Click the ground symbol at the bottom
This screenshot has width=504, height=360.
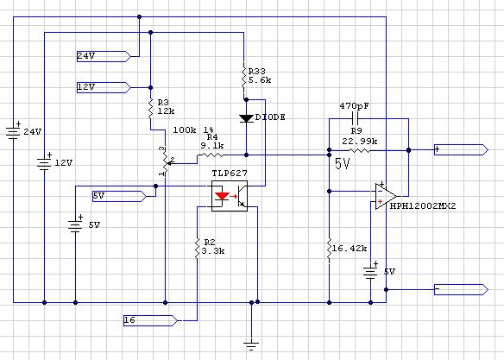251,346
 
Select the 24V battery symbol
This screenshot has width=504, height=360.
13,131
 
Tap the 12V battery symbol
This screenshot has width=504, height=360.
44,162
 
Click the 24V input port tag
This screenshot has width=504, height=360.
104,56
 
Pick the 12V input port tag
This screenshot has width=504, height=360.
104,87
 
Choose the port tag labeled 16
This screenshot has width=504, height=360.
150,320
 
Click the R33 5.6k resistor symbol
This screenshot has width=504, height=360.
243,79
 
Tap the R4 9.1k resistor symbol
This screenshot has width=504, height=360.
212,155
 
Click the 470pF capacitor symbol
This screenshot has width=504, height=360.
356,118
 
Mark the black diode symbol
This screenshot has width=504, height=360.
246,118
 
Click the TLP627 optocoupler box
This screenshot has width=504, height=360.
230,196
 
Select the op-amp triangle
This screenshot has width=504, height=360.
386,196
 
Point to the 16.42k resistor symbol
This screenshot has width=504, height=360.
329,249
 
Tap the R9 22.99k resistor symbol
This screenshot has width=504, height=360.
358,150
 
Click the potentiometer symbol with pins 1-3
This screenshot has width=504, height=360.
165,162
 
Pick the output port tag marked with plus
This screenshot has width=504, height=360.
461,150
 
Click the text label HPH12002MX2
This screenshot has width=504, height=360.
423,206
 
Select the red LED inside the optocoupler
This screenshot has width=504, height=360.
222,196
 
